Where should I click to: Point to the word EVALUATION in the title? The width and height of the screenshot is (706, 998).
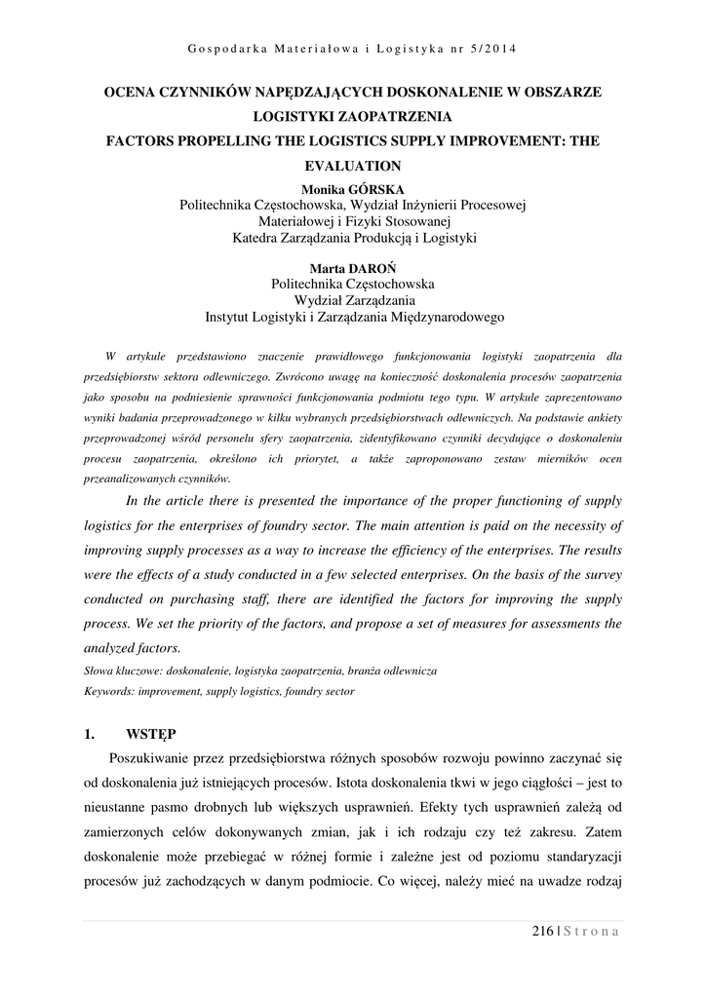(x=353, y=166)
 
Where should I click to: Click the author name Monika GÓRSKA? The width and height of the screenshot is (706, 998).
(x=353, y=188)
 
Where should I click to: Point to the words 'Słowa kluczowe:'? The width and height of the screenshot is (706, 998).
(x=123, y=672)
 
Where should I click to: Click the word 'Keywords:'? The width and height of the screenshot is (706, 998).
(x=110, y=691)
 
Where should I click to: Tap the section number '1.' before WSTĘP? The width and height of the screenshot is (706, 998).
(x=89, y=733)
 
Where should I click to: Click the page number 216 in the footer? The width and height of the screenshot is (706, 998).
(x=542, y=931)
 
